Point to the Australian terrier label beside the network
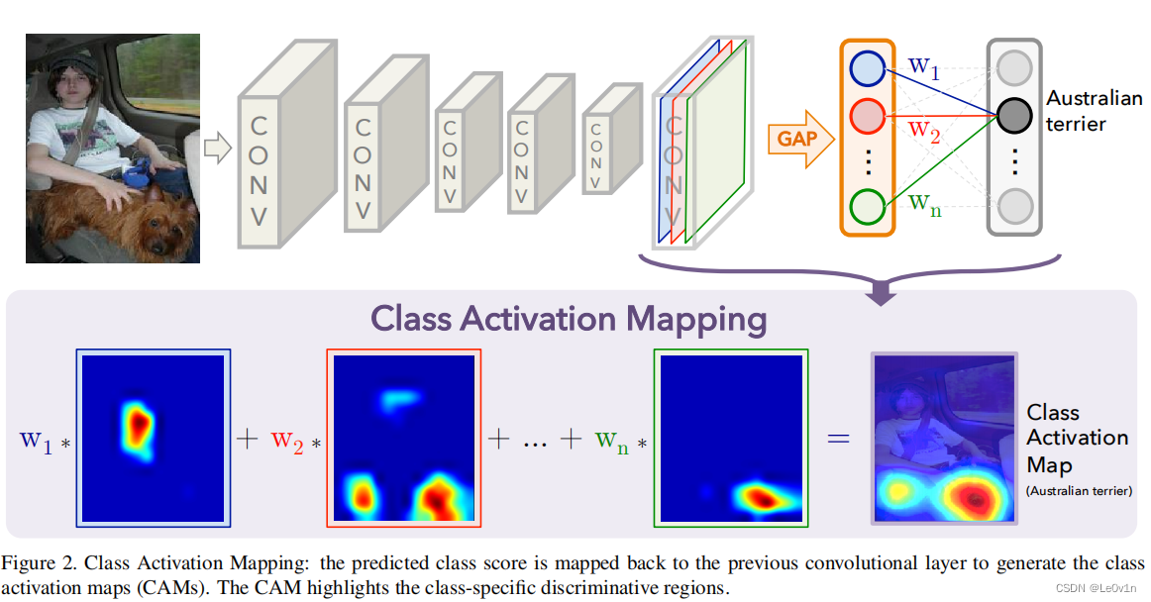[x=1093, y=111]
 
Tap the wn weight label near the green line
[x=925, y=204]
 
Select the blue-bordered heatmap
[x=154, y=438]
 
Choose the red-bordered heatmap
[x=404, y=438]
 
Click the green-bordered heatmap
[x=731, y=438]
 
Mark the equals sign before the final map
[x=838, y=437]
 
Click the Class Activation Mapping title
[x=569, y=319]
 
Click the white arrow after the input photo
[x=217, y=150]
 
